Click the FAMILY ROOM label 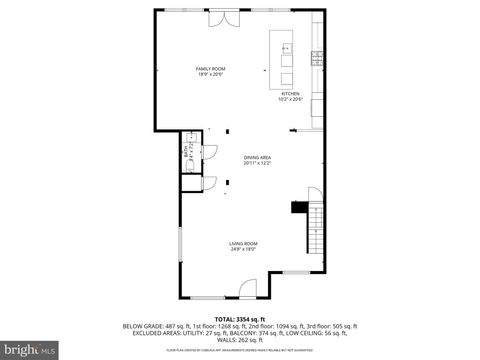pos(209,68)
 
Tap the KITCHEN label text pos(290,94)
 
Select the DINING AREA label pos(257,157)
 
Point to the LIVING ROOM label pos(243,244)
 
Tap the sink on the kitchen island pos(286,48)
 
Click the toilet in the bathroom pos(187,166)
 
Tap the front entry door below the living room pos(247,291)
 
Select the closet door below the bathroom pos(209,183)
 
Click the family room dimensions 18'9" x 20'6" pos(209,74)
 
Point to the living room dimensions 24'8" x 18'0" pos(243,250)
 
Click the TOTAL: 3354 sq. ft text pos(239,318)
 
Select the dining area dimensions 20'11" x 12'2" pos(257,163)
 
